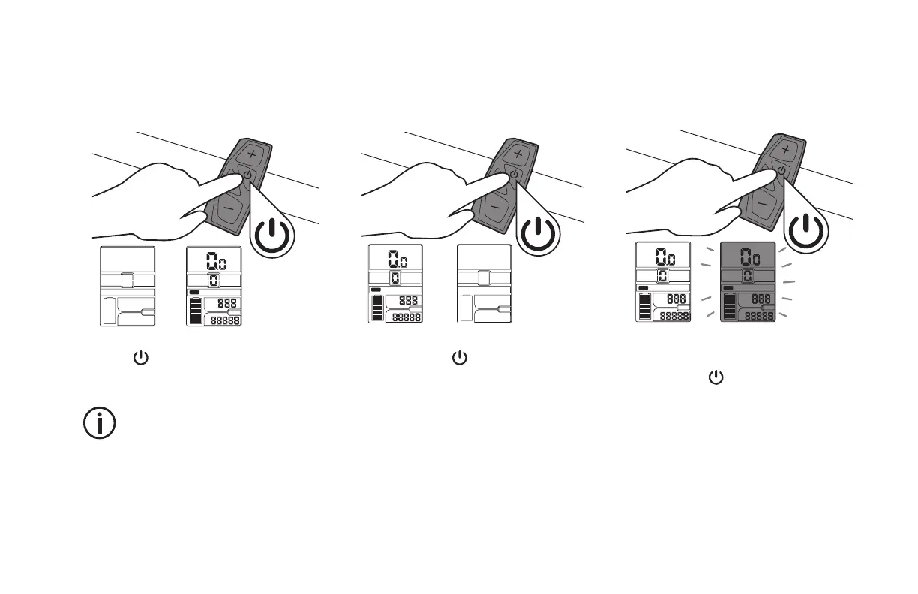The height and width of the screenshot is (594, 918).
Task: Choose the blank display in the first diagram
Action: coord(127,286)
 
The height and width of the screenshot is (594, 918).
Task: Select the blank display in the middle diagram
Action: coord(484,283)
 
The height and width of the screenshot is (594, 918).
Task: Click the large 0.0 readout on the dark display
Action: coord(748,257)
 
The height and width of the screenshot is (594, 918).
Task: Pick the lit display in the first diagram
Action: coord(214,286)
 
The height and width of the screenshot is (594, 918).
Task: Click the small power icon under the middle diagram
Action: coord(459,358)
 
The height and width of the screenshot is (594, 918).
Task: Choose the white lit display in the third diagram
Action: coord(663,282)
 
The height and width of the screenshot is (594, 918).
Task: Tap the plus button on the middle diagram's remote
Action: coord(517,153)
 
